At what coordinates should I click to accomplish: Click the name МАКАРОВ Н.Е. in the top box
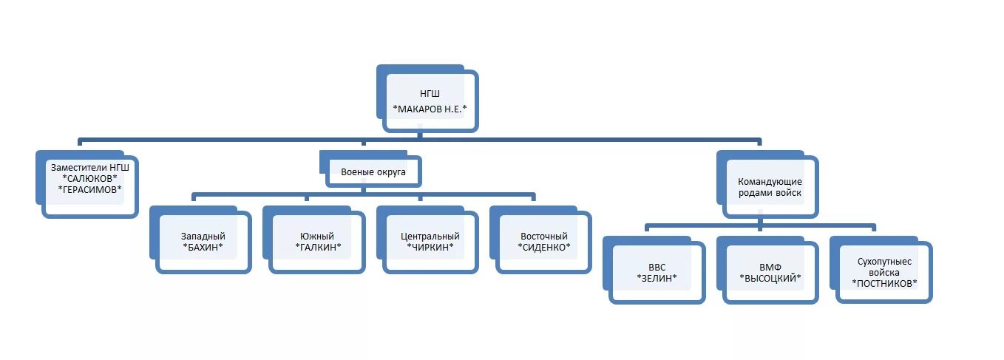(x=431, y=109)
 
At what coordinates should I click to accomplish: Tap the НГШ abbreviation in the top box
(x=430, y=94)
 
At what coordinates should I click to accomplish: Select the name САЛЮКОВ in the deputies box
(x=90, y=178)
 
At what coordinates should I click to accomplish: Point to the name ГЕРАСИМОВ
(x=90, y=189)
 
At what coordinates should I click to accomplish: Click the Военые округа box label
(x=373, y=171)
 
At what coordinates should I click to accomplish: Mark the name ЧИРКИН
(x=430, y=246)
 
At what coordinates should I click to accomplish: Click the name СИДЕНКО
(x=544, y=246)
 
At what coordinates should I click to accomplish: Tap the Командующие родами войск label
(x=770, y=187)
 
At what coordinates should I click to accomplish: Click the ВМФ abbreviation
(x=770, y=267)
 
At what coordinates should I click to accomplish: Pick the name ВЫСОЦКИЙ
(x=770, y=278)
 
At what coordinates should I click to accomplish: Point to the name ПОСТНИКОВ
(x=884, y=283)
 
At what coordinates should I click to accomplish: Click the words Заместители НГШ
(x=90, y=167)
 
